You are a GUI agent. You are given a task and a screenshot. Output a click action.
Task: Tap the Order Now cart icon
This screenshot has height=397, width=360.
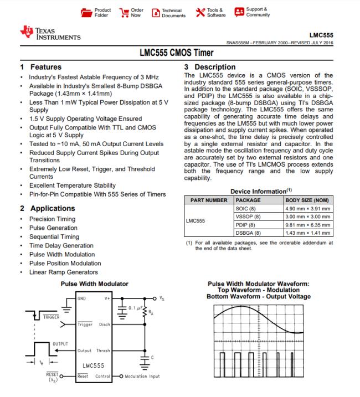tap(125, 12)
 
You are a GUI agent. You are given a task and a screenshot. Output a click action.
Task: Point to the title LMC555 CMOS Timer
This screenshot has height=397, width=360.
tap(180, 54)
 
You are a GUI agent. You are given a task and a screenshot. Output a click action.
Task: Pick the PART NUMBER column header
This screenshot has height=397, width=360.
tap(209, 200)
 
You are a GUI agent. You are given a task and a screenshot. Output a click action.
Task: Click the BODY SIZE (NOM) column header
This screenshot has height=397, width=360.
tap(307, 200)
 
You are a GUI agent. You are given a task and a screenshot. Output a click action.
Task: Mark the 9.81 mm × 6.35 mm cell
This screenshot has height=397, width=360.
tap(307, 225)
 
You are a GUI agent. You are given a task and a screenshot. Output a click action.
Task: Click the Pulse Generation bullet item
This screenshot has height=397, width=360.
tap(53, 228)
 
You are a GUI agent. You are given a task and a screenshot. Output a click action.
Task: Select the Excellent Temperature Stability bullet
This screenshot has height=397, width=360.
tap(73, 185)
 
